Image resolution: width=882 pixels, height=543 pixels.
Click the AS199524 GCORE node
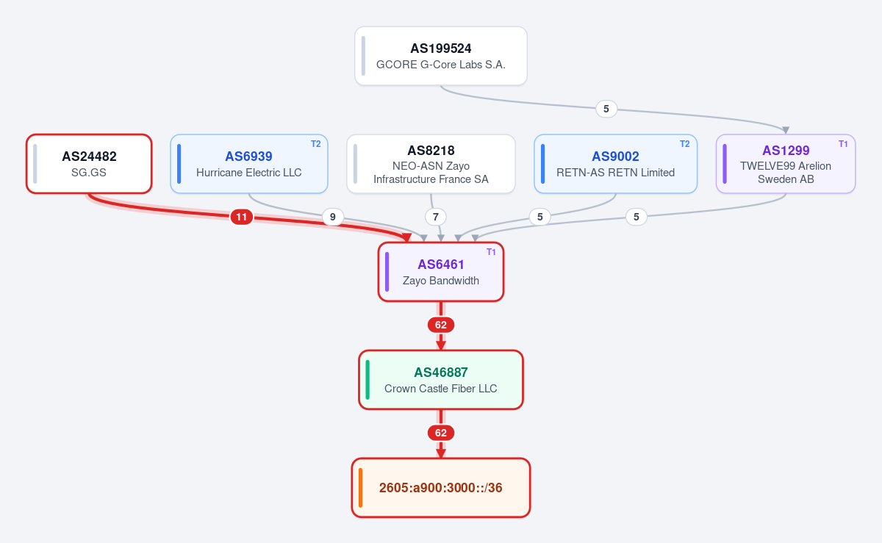tap(440, 56)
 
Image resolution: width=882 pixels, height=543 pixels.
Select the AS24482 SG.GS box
tap(89, 164)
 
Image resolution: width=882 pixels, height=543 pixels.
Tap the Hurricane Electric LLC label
tap(249, 173)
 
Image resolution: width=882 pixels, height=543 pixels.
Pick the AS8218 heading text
tap(431, 151)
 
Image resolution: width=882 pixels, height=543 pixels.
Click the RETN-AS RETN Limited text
tap(615, 173)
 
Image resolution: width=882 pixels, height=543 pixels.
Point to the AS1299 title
tap(786, 151)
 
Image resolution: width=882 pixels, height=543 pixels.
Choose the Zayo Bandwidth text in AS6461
tap(440, 281)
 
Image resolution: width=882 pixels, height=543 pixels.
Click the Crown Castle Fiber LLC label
tap(440, 389)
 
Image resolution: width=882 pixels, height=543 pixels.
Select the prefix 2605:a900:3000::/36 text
tap(440, 488)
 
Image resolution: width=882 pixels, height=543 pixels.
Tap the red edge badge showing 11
tap(241, 217)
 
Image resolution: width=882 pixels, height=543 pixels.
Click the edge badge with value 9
tap(333, 217)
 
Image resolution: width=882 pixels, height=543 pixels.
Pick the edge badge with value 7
tap(435, 217)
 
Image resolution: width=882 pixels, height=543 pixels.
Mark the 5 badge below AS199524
tap(606, 109)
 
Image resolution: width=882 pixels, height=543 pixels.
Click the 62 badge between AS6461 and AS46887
tap(440, 325)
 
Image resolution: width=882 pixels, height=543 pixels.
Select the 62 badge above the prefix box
tap(440, 433)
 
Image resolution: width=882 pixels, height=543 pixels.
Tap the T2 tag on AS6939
tap(316, 144)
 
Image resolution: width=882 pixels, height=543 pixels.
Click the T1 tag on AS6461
tap(491, 252)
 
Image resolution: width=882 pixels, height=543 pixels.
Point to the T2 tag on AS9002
tap(685, 144)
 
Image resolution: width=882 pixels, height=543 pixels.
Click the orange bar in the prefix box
tap(360, 488)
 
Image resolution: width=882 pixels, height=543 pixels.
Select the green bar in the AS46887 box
tap(367, 380)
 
